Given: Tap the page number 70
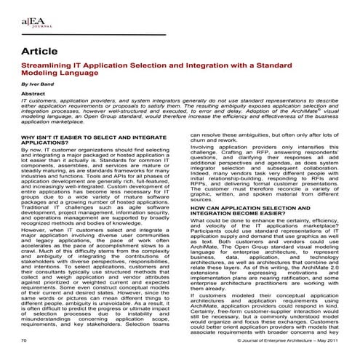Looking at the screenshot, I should [25, 340].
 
